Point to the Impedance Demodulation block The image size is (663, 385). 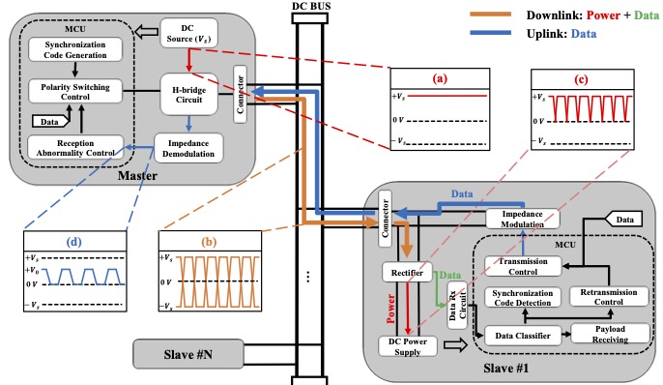pos(190,148)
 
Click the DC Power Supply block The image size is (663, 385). pos(411,345)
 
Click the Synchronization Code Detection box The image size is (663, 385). pos(522,297)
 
